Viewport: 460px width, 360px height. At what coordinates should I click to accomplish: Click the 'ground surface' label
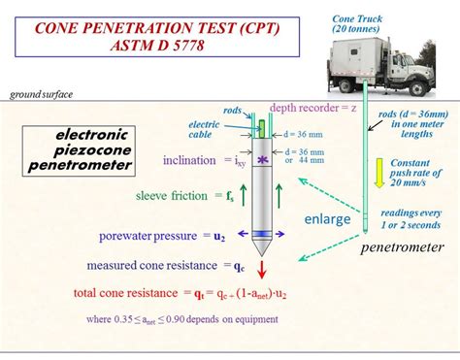(x=41, y=94)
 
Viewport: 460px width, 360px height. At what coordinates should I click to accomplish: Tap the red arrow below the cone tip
(x=261, y=269)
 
